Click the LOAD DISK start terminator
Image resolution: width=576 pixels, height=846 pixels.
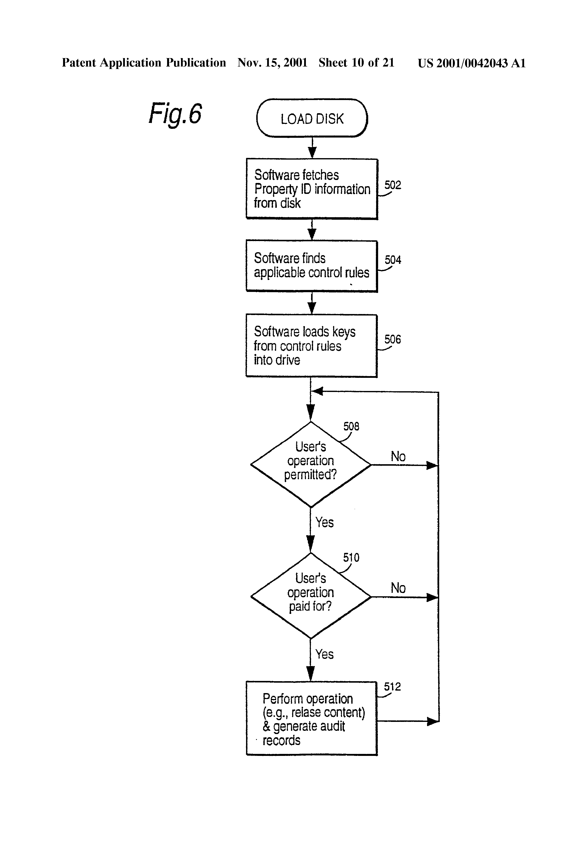312,118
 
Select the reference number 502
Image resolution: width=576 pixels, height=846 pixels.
393,185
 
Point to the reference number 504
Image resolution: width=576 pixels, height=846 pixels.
393,260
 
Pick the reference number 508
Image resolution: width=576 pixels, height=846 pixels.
351,426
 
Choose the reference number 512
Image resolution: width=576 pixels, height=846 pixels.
392,687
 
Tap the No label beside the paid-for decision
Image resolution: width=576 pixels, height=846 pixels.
398,588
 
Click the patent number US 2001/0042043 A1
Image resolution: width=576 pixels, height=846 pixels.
471,63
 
